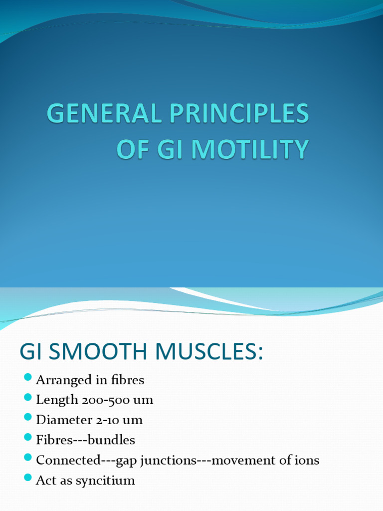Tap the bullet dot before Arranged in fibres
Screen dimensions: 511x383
tap(28, 377)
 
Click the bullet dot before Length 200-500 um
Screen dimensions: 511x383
tap(28, 397)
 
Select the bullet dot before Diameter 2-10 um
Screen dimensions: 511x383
tap(28, 418)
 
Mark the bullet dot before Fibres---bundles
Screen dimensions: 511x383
tap(28, 438)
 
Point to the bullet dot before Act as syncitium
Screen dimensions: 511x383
tap(28, 478)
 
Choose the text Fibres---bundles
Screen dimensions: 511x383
tap(85, 440)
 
